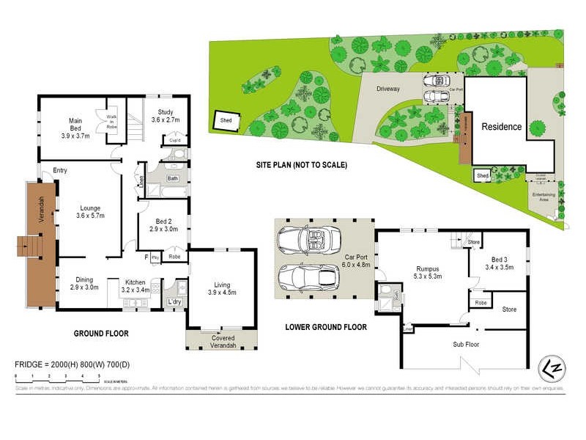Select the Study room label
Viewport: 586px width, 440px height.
(x=165, y=116)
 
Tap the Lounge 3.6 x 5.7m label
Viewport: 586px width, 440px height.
(x=90, y=212)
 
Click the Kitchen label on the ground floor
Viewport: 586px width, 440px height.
(x=135, y=286)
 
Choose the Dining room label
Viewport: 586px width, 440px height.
(x=83, y=283)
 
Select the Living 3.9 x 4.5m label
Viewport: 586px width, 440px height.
(x=221, y=288)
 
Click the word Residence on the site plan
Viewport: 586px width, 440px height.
(x=501, y=127)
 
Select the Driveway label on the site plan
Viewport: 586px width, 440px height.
(x=387, y=89)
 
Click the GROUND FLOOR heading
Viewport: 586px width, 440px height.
(x=101, y=334)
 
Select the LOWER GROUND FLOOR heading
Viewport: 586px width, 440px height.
(x=326, y=327)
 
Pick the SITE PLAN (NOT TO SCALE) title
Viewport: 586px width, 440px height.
(x=302, y=165)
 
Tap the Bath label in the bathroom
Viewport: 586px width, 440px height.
(x=173, y=178)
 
